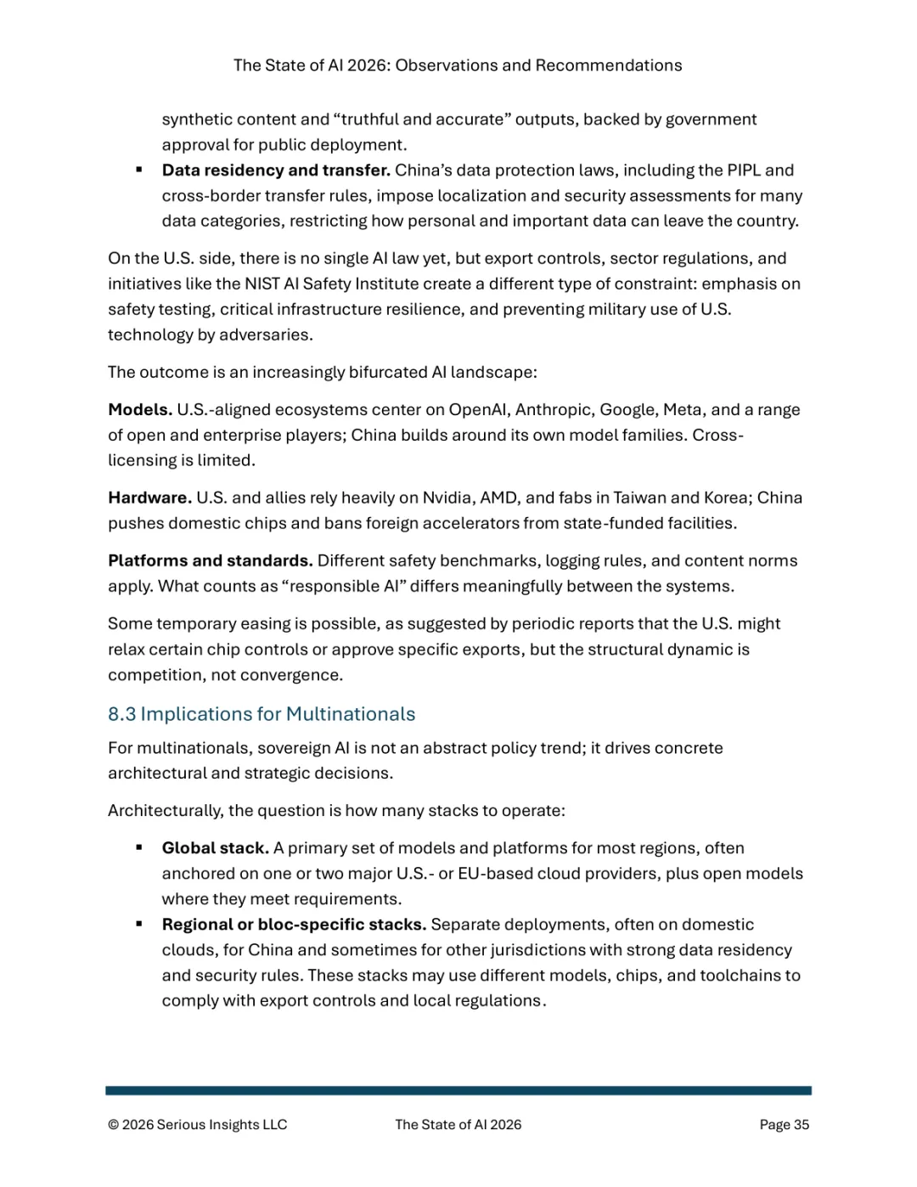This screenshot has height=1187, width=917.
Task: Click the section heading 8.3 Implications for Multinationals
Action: click(x=262, y=714)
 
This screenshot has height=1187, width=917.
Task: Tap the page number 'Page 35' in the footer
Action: click(x=784, y=1124)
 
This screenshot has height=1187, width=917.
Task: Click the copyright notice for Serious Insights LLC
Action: click(x=198, y=1124)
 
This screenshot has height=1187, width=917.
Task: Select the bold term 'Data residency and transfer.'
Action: click(x=276, y=170)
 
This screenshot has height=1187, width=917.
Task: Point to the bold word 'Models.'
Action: click(x=140, y=409)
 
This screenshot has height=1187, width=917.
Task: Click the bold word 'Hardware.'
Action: click(x=149, y=498)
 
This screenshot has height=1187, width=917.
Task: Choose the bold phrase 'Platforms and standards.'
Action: click(x=211, y=560)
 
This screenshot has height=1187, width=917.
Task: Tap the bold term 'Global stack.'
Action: click(x=216, y=847)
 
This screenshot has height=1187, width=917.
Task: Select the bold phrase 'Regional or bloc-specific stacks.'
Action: click(x=294, y=924)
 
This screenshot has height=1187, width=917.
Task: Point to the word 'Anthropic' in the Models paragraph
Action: click(x=553, y=409)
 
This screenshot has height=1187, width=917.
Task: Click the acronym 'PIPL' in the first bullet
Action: click(x=743, y=170)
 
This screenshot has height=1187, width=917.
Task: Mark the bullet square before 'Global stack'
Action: click(x=138, y=847)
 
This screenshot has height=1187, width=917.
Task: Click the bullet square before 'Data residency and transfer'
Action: click(x=138, y=170)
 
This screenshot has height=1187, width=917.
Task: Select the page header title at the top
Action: click(x=458, y=65)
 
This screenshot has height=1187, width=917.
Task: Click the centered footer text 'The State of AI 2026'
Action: click(x=458, y=1124)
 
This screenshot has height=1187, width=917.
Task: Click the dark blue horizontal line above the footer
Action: click(x=458, y=1090)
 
